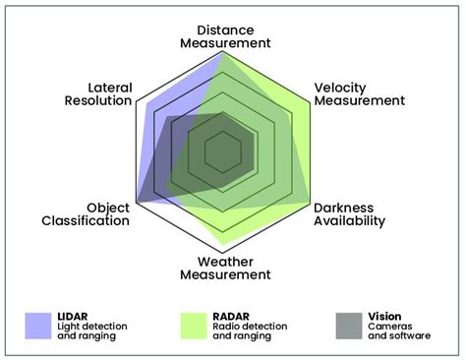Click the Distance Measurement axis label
tap(225, 35)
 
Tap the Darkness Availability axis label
tap(350, 214)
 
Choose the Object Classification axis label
tap(86, 214)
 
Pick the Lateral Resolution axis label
tap(97, 94)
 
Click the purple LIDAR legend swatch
tap(38, 325)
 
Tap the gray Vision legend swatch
tap(349, 325)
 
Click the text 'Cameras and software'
tap(398, 330)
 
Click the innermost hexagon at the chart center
tap(225, 151)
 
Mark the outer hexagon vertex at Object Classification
tap(138, 203)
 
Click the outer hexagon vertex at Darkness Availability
tap(313, 203)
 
